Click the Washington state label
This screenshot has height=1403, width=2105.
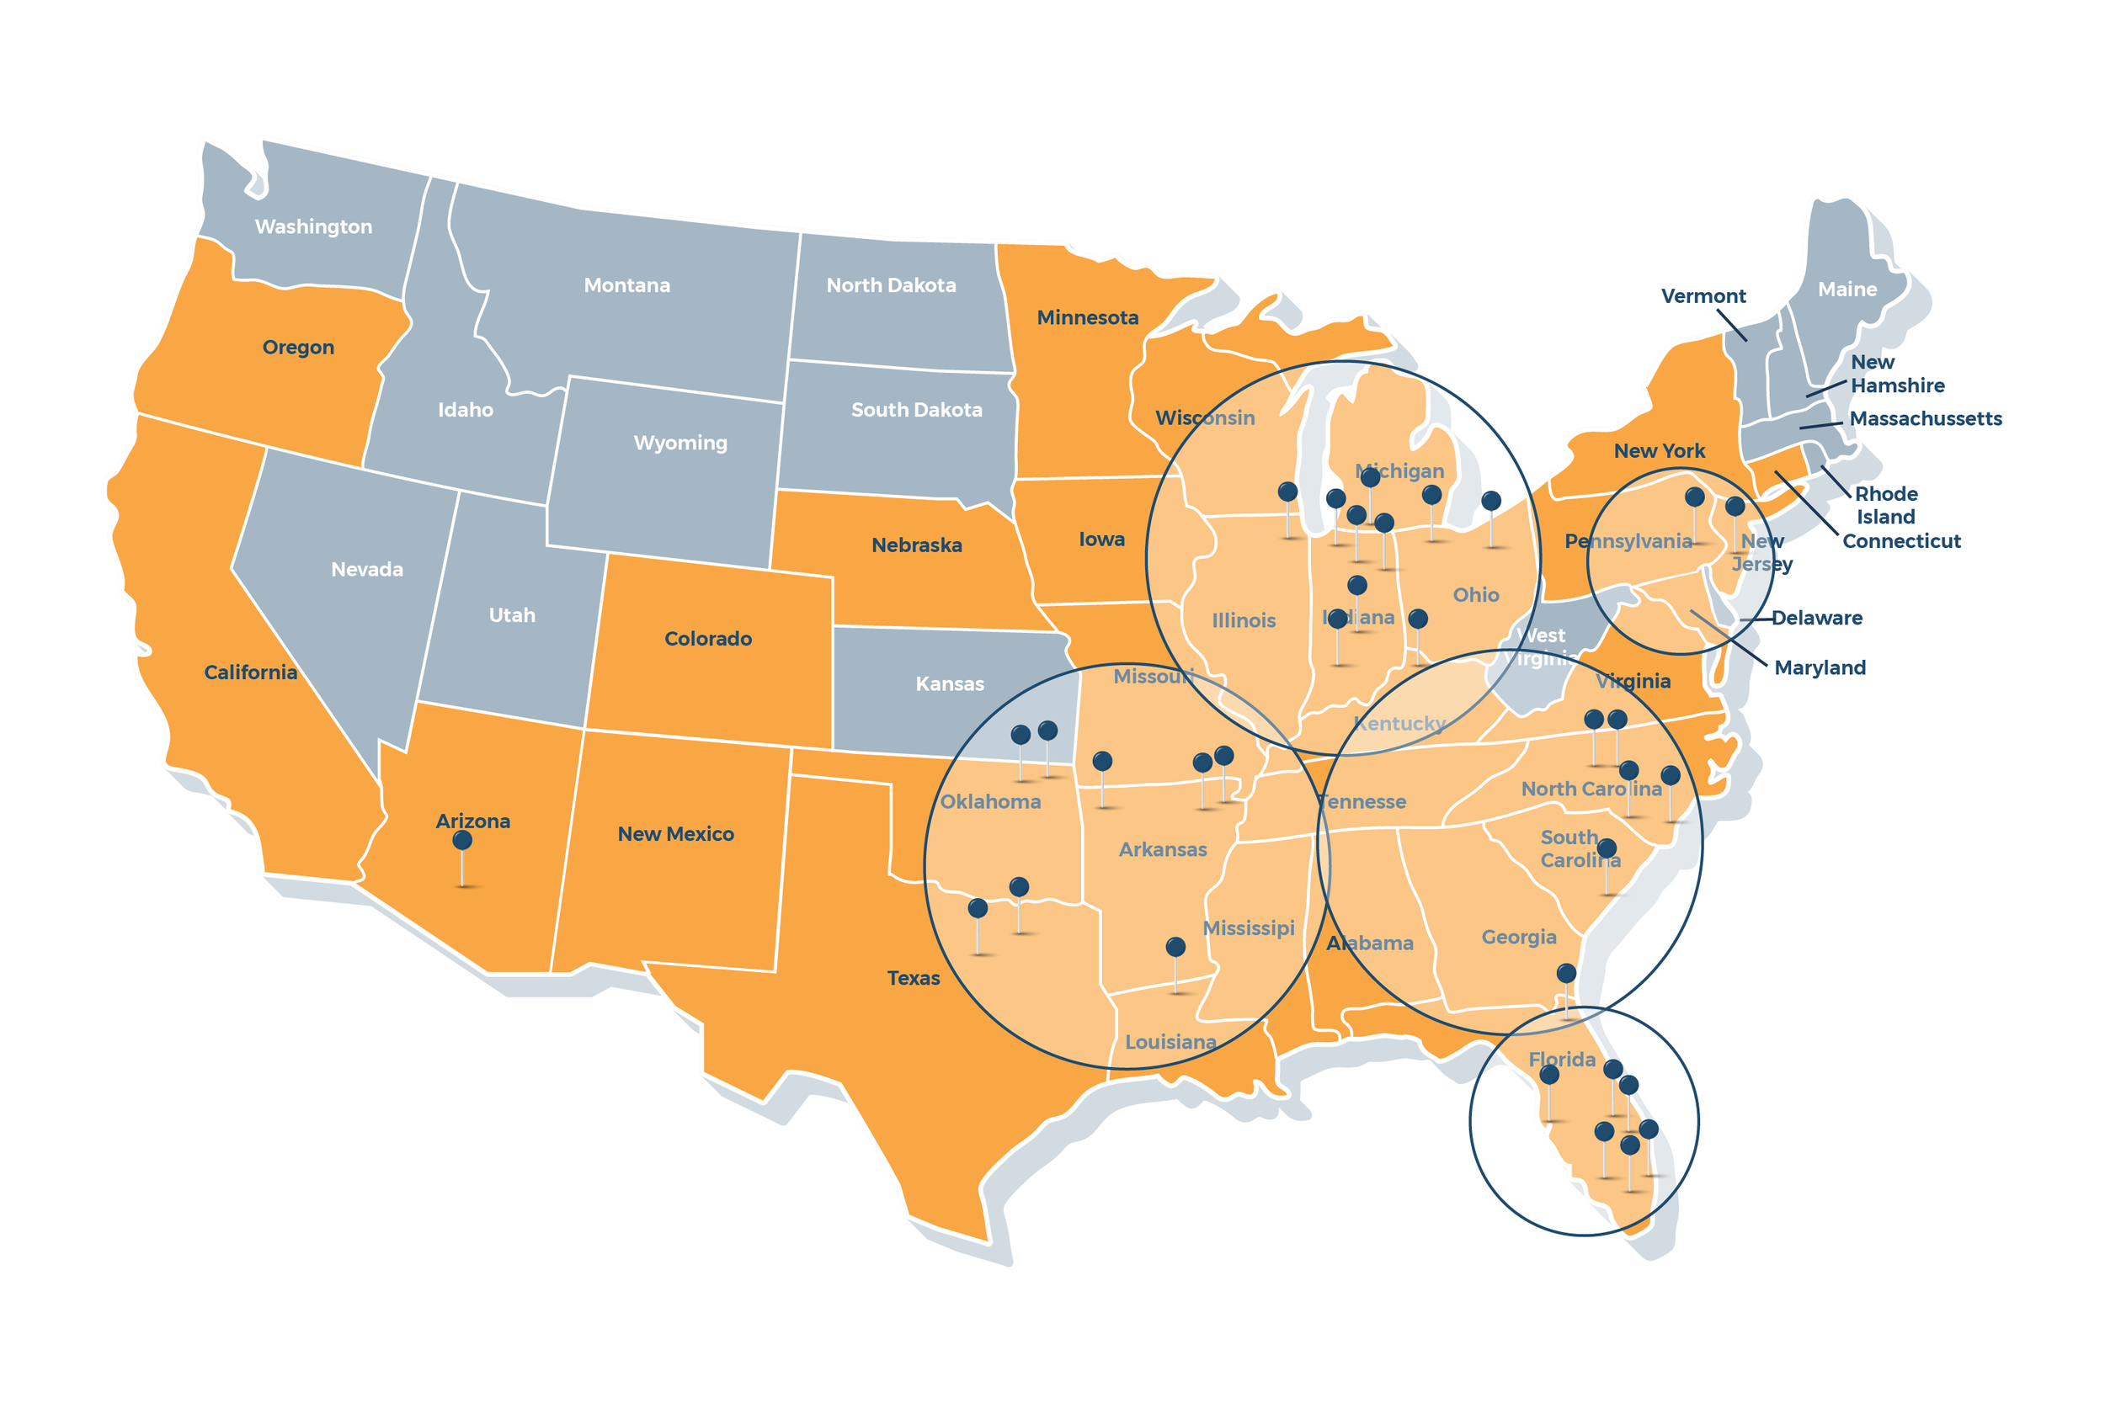[313, 226]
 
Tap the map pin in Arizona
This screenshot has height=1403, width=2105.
[461, 841]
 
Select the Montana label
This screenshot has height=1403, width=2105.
[626, 285]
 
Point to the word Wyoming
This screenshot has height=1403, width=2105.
[680, 443]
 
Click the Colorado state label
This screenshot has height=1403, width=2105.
[708, 639]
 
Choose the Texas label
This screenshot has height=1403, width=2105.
[913, 978]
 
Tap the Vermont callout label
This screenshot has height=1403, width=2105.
[1703, 296]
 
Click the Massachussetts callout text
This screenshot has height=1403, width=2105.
[1925, 419]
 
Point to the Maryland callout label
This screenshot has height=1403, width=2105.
[1820, 667]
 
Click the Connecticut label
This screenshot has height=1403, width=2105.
[1901, 541]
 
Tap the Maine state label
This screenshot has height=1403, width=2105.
[1847, 290]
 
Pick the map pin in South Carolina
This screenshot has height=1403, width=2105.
[1607, 848]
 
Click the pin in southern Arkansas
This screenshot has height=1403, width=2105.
[1175, 948]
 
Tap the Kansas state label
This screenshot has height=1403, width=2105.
[950, 684]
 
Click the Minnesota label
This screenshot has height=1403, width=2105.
[1087, 317]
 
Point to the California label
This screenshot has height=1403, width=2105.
[251, 672]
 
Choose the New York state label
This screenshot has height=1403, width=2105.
[1659, 451]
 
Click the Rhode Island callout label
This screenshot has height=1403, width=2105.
[1885, 506]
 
